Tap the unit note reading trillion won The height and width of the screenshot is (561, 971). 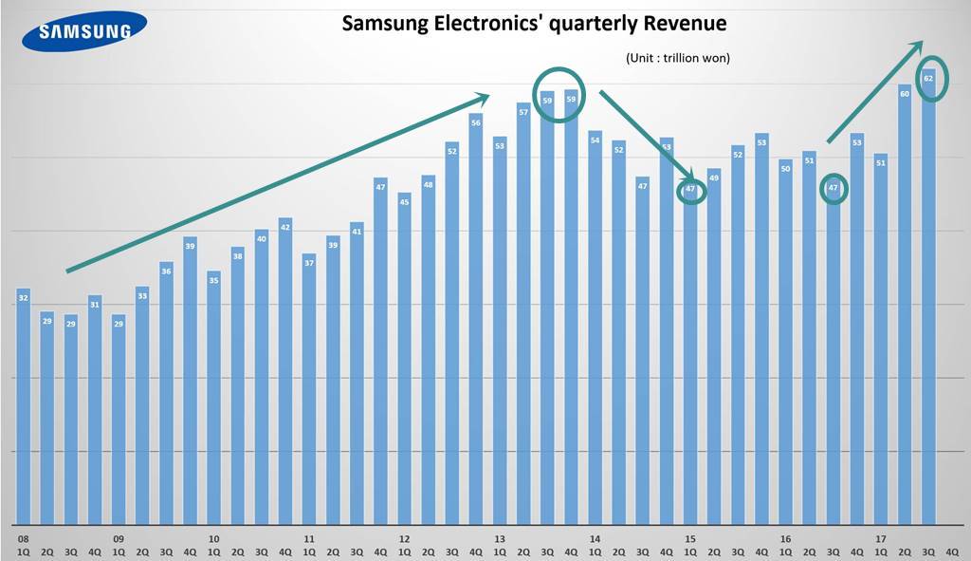[677, 59]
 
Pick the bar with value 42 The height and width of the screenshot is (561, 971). [285, 370]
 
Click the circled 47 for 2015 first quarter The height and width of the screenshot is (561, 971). [690, 190]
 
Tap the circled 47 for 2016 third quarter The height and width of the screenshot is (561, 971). [833, 189]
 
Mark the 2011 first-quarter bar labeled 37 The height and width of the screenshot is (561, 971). [309, 388]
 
